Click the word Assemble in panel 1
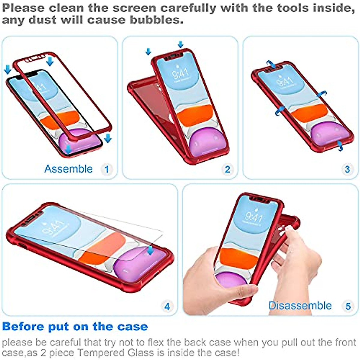[68, 169]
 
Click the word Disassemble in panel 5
[300, 306]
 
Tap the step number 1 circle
[106, 169]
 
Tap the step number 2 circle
[227, 169]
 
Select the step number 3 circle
[347, 169]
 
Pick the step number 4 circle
[167, 306]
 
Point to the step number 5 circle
[348, 306]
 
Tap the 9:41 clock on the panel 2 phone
[180, 73]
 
